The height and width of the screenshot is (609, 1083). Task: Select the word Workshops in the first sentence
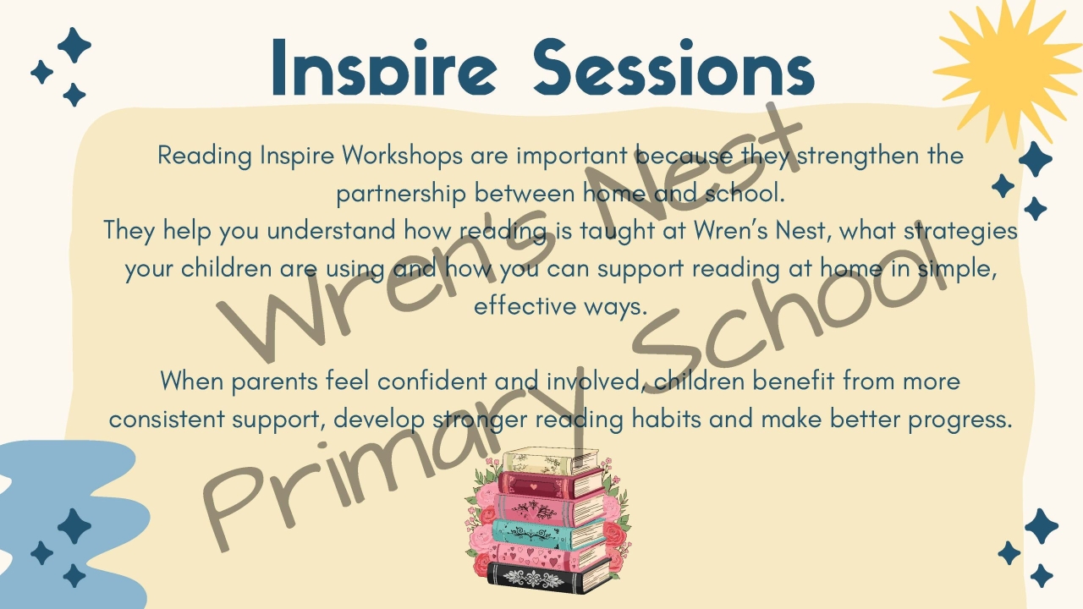(x=403, y=156)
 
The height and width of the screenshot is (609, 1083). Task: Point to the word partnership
(x=401, y=194)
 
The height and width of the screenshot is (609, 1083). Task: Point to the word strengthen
(x=860, y=156)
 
